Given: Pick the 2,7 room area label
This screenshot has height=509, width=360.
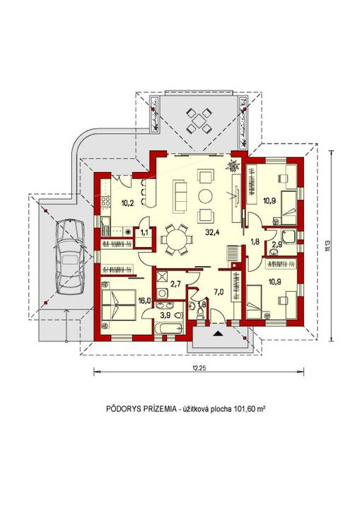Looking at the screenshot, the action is coord(175,285).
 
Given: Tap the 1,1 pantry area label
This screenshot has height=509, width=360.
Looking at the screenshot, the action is coord(144,232).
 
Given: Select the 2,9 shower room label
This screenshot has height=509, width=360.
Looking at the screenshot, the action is coord(276,245).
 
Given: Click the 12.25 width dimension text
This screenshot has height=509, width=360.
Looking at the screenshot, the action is coord(199,368).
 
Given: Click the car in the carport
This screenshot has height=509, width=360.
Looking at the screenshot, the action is coord(69,257).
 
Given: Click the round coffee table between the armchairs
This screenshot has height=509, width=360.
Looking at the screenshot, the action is coord(205,195).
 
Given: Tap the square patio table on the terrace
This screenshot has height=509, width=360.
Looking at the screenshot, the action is coord(197,121).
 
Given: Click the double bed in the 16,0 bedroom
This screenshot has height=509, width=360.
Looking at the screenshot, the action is coord(118,304).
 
